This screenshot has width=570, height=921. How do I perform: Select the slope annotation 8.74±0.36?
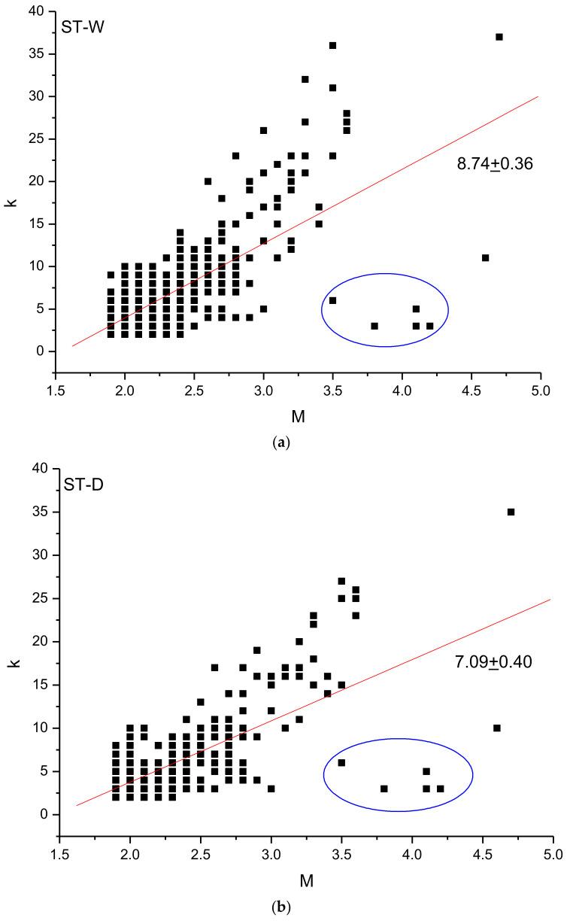[x=495, y=163]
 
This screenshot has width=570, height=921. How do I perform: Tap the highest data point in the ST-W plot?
[x=499, y=37]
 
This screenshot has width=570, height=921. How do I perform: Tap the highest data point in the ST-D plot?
[x=511, y=512]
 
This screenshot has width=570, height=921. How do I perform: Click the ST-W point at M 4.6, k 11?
[x=485, y=257]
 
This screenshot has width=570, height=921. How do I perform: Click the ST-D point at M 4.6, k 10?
[x=496, y=728]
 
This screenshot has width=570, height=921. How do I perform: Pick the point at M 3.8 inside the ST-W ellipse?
[x=374, y=326]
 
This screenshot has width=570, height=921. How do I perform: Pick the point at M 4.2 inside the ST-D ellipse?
[x=440, y=789]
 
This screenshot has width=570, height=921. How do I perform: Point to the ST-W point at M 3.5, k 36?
[x=332, y=45]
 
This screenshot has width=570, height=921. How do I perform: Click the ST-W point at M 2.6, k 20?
[x=208, y=181]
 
